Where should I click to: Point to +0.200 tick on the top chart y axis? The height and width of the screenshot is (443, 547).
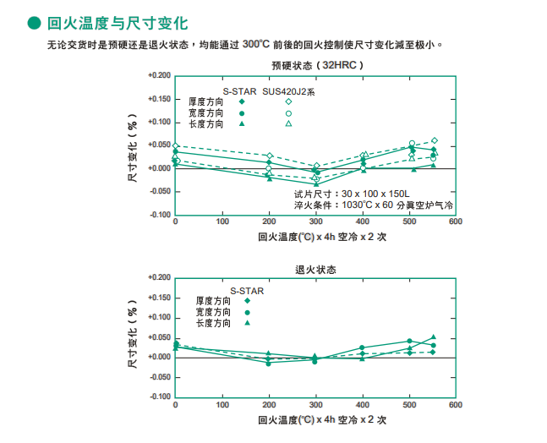coord(158,76)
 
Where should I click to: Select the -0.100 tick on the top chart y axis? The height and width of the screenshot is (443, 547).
coord(158,215)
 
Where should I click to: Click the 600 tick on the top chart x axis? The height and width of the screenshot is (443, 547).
coord(455,222)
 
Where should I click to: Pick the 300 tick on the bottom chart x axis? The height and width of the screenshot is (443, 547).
coord(315,405)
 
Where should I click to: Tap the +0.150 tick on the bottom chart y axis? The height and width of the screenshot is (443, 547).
coord(158,298)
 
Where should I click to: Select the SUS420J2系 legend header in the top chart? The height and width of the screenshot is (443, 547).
coord(288,90)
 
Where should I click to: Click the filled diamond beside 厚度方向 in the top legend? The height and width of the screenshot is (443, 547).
coord(242,101)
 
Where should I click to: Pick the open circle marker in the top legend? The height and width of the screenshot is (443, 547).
coord(288,112)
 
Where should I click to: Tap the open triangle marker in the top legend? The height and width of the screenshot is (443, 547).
coord(288,123)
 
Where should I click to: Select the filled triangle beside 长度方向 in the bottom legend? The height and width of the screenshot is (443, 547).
coord(248,323)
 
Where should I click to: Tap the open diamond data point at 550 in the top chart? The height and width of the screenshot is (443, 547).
coord(435,141)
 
